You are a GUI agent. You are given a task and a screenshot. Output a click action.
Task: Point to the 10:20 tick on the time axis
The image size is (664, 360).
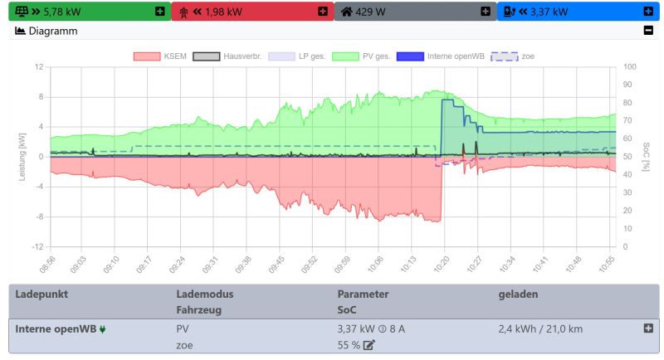pos(443,263)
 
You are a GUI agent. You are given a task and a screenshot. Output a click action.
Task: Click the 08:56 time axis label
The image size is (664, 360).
pos(47,263)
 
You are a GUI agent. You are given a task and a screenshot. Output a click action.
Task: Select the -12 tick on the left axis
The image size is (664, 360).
pos(38,247)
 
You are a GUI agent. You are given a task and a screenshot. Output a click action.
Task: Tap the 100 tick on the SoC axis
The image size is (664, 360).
pos(629,66)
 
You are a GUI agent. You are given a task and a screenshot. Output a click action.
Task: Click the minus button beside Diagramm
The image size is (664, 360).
pos(648,31)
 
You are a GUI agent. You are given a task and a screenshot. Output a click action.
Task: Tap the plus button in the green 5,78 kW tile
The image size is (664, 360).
pos(159,12)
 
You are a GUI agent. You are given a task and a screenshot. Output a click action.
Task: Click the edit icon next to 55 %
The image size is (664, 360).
pos(369,344)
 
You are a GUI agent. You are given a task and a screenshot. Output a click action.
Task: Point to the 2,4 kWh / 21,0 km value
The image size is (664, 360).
pos(540,328)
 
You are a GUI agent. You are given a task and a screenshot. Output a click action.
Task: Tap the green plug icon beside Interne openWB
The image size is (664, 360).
pos(102,329)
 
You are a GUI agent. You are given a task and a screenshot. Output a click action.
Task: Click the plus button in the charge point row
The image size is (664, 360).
pos(648,328)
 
